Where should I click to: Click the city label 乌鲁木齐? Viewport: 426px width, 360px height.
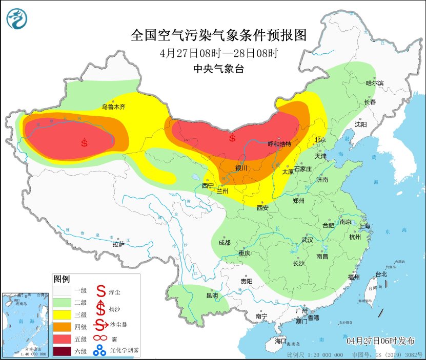(x=113, y=107)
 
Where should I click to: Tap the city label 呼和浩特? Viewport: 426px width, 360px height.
(x=279, y=144)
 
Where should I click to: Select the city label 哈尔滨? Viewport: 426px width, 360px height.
(x=374, y=83)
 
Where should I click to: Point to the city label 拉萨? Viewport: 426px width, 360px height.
(x=118, y=244)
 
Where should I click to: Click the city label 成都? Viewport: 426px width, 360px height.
(x=225, y=243)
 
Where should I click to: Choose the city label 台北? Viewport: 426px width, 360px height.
(x=381, y=274)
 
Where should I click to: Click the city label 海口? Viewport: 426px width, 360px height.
(x=280, y=341)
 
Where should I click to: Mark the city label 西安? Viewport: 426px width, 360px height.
(x=262, y=208)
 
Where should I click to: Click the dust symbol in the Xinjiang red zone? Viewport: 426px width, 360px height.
(x=85, y=142)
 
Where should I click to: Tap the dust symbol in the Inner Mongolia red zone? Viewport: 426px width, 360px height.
(x=232, y=138)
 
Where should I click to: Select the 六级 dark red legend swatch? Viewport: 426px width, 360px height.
(x=63, y=351)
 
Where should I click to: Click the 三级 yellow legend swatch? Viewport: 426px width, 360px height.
(x=63, y=314)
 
